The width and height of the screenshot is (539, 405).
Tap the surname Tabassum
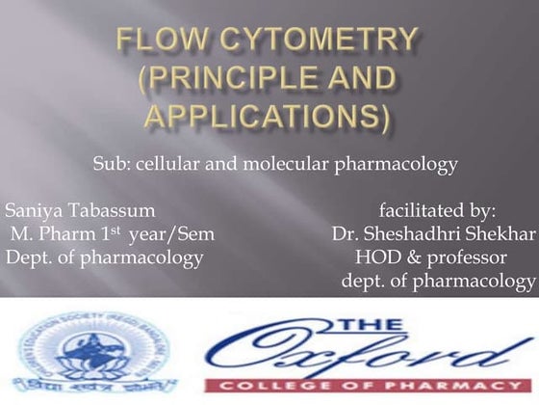[x=110, y=209]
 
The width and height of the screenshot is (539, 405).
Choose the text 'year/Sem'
[x=177, y=233]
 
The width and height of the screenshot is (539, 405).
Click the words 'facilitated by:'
[x=437, y=209]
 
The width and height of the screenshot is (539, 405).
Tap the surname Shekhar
[x=501, y=233]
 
